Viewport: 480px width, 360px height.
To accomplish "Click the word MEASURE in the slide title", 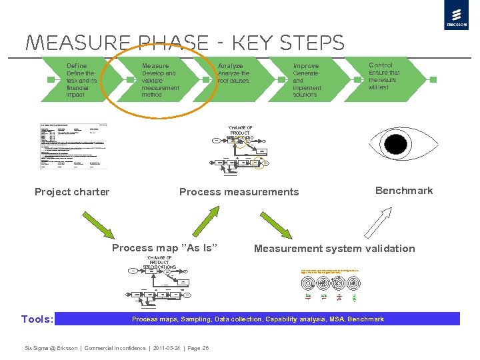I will click(71, 43).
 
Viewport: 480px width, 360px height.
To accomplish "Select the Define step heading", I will click(77, 66).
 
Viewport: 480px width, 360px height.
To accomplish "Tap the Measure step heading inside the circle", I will click(155, 66).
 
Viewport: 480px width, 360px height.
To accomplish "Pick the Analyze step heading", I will click(230, 66).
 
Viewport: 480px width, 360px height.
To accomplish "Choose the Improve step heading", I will click(306, 66).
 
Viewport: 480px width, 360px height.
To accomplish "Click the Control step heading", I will click(381, 65).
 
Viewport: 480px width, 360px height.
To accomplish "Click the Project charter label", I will click(72, 192).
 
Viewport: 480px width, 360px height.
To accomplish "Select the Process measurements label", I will click(239, 192).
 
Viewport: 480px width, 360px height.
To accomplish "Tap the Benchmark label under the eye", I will click(404, 191).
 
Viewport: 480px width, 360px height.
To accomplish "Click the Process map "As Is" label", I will click(165, 248).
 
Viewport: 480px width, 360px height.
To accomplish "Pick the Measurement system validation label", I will click(334, 249).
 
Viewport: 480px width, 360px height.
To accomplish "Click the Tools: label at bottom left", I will click(37, 319).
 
